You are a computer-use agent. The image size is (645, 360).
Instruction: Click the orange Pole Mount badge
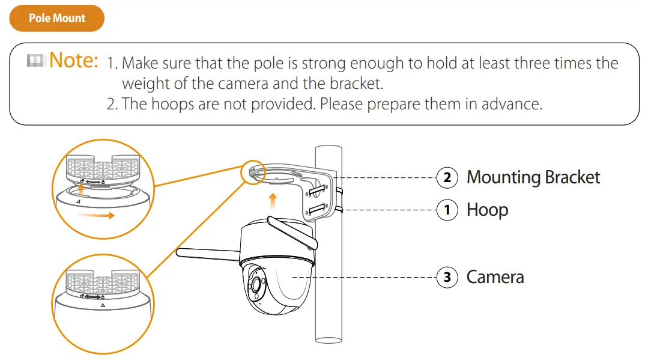tap(56, 19)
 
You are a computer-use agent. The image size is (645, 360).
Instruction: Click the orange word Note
tap(74, 60)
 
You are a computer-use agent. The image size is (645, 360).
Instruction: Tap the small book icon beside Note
tap(36, 60)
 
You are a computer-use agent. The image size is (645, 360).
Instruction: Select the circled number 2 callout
tap(446, 178)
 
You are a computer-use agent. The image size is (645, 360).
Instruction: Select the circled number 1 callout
tap(446, 210)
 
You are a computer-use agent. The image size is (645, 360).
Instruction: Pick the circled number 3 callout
tap(446, 277)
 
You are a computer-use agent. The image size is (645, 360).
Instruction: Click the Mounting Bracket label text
tap(533, 178)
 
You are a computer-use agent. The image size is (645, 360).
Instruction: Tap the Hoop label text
tap(487, 210)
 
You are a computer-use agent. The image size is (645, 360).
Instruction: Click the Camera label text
tap(495, 277)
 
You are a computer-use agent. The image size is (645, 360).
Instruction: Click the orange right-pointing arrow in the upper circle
tap(95, 215)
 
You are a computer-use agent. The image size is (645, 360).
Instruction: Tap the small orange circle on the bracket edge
tap(253, 172)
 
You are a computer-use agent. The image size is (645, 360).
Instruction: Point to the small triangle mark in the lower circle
tap(103, 305)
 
